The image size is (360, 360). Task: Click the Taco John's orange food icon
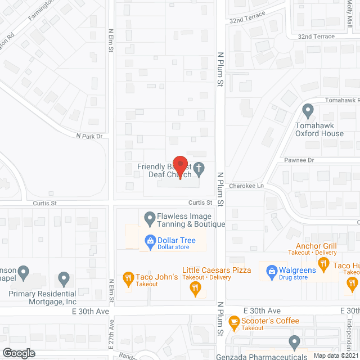click(128, 277)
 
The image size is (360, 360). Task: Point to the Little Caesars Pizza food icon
click(195, 289)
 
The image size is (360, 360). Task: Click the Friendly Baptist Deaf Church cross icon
click(198, 168)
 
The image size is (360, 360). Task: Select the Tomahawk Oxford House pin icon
click(308, 110)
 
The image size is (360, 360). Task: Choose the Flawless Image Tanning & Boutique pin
click(150, 217)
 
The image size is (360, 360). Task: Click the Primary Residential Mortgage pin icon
click(64, 278)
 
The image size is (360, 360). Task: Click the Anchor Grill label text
click(317, 246)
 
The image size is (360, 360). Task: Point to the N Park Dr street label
click(91, 136)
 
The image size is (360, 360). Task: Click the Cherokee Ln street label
click(246, 186)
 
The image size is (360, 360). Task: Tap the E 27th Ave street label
click(111, 332)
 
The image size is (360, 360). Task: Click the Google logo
click(19, 353)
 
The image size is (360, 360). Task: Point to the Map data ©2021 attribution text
click(335, 355)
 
